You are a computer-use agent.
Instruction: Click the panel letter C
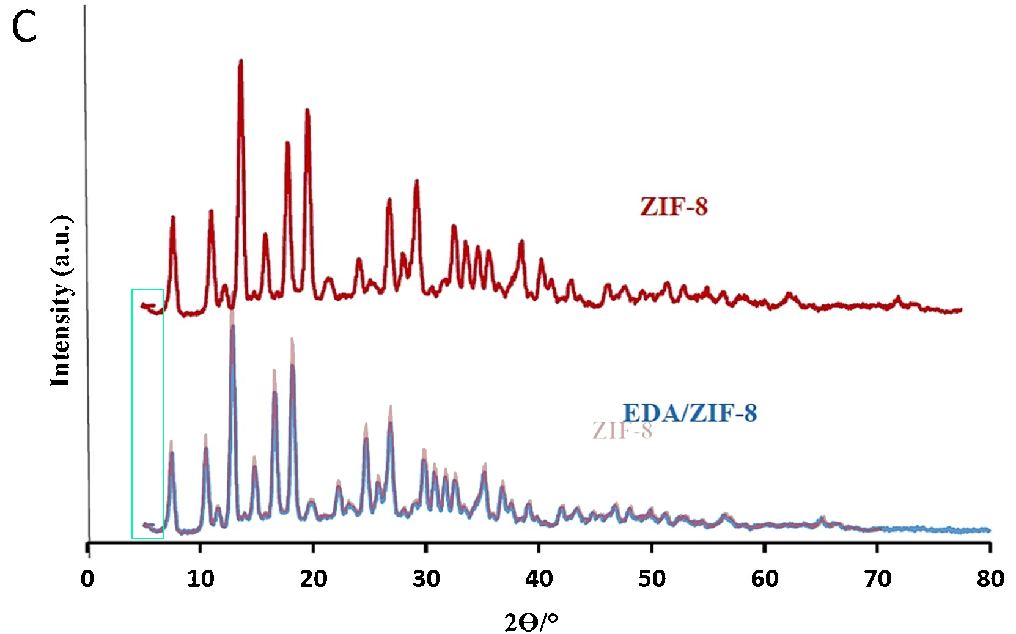tap(24, 28)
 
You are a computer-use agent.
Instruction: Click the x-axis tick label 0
tap(87, 578)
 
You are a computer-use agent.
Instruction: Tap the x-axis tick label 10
tap(201, 578)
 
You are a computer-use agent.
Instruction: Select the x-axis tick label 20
tap(313, 578)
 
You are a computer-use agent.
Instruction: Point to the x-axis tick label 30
tap(426, 578)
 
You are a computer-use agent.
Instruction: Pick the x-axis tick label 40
tap(539, 578)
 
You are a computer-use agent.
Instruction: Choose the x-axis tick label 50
tap(652, 578)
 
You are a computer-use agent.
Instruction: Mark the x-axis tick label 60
tap(764, 578)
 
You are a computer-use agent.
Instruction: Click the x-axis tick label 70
tap(877, 578)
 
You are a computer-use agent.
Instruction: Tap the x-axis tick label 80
tap(990, 578)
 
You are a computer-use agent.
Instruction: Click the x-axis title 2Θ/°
tap(531, 622)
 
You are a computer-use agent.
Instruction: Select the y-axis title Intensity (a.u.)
tap(61, 301)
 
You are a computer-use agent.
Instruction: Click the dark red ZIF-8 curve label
tap(674, 207)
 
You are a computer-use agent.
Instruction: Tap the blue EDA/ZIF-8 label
tap(690, 413)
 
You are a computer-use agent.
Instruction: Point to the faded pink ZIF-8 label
tap(622, 431)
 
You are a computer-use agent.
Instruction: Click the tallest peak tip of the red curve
tap(241, 61)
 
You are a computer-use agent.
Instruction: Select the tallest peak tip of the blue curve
tap(232, 327)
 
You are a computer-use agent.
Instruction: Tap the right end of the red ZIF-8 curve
tap(961, 309)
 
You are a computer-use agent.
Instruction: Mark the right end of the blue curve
tap(989, 530)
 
